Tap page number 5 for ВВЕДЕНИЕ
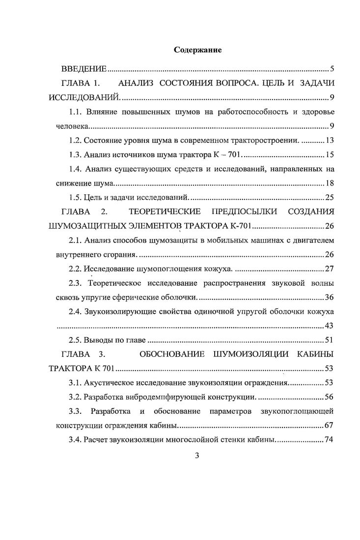(x=332, y=69)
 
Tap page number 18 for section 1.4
(x=330, y=184)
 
